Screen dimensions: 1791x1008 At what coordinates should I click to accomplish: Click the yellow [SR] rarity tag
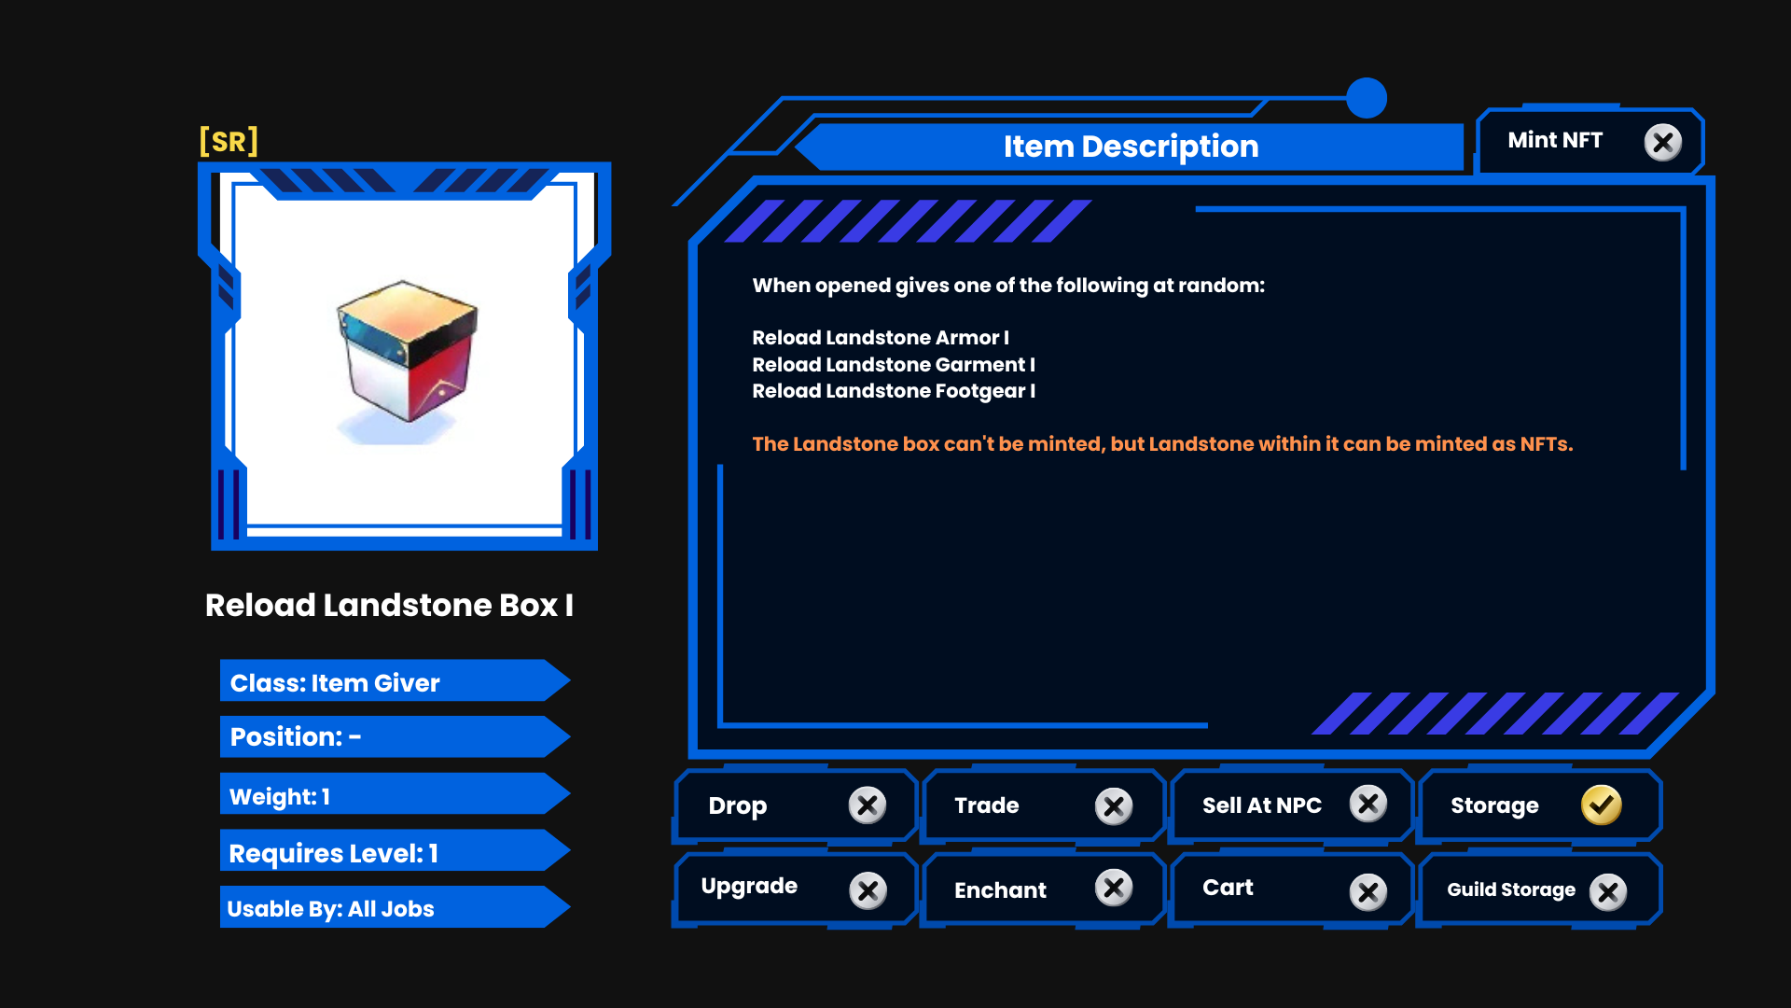coord(229,142)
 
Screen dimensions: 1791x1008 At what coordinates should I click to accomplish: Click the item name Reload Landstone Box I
coord(389,605)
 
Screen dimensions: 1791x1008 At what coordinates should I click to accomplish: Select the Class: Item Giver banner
coord(395,681)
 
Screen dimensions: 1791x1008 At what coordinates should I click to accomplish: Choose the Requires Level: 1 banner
coord(395,851)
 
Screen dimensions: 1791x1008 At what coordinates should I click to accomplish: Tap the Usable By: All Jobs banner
coord(395,907)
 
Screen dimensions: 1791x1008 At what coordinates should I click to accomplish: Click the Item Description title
coord(1131,147)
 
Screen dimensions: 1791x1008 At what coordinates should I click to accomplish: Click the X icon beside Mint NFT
coord(1662,143)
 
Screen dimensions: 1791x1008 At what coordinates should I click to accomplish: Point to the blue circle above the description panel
coord(1367,98)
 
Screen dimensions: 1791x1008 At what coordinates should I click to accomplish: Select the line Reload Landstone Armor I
coord(881,338)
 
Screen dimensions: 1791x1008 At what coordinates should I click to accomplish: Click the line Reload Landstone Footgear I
coord(894,391)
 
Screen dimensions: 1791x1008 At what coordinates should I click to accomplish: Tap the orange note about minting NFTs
coord(1162,444)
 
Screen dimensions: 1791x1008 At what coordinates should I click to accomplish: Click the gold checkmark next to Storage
coord(1602,805)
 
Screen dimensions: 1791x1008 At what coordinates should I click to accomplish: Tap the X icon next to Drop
coord(868,805)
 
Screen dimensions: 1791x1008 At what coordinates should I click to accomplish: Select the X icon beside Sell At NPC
coord(1368,804)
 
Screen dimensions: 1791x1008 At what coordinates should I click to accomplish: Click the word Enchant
coord(1000,890)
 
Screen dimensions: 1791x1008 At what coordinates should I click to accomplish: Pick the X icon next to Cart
coord(1368,892)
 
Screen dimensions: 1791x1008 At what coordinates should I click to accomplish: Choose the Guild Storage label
coord(1511,889)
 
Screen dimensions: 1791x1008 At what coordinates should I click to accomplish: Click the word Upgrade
coord(749,887)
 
